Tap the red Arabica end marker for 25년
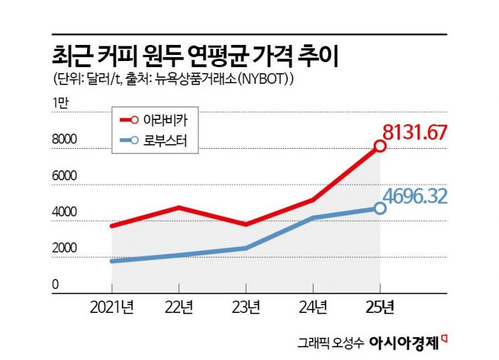point(380,145)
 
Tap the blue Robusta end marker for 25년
point(380,208)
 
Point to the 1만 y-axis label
point(60,103)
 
